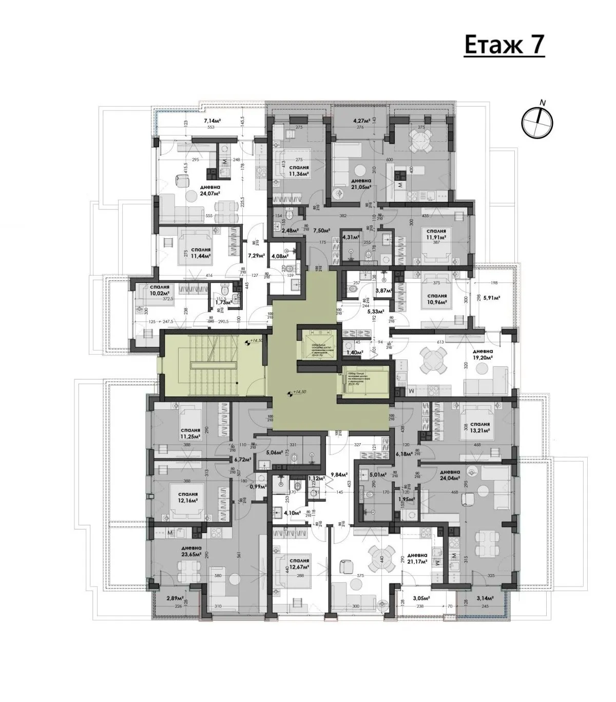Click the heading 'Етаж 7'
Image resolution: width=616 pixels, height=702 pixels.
(x=504, y=45)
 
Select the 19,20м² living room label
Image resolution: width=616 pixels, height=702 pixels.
(x=484, y=354)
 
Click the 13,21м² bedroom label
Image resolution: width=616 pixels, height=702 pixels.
(x=478, y=428)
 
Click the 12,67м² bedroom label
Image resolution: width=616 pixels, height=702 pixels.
(x=299, y=564)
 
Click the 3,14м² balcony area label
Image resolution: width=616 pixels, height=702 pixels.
(x=484, y=598)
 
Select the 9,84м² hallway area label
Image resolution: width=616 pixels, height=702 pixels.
(x=340, y=475)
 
